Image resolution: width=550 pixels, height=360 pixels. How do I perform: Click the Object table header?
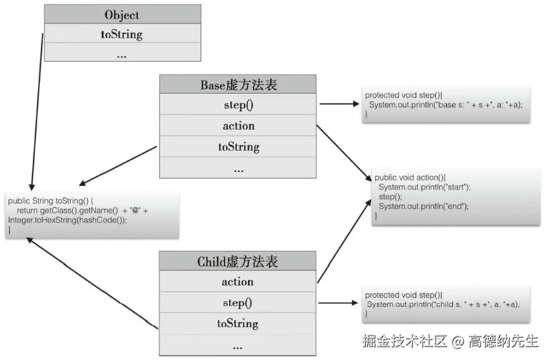coord(122,14)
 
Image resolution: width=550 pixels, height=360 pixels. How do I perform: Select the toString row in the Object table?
coord(122,34)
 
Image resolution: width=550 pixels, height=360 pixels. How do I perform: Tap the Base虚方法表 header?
coord(238,85)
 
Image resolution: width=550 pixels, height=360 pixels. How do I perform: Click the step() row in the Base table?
coord(238,105)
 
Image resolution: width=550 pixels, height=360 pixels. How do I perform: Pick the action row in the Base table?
coord(238,126)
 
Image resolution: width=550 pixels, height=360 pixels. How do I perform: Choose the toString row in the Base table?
coord(238,147)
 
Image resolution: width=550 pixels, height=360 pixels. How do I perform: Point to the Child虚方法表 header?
coord(238,262)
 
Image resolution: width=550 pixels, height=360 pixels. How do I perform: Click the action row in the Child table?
coord(238,282)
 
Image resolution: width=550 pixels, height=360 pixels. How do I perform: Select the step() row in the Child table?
coord(238,303)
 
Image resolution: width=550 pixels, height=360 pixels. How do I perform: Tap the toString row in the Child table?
coord(238,324)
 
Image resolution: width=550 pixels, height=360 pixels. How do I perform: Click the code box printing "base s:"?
coord(445,105)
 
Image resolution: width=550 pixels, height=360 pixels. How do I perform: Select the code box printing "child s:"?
coord(445,304)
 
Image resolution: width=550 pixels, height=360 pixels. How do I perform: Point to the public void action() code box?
coord(455,197)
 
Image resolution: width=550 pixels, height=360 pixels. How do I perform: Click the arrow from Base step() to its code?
coord(338,104)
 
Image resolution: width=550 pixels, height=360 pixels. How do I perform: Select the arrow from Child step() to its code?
coord(338,303)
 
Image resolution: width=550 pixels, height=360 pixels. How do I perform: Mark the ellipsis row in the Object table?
coord(122,55)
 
